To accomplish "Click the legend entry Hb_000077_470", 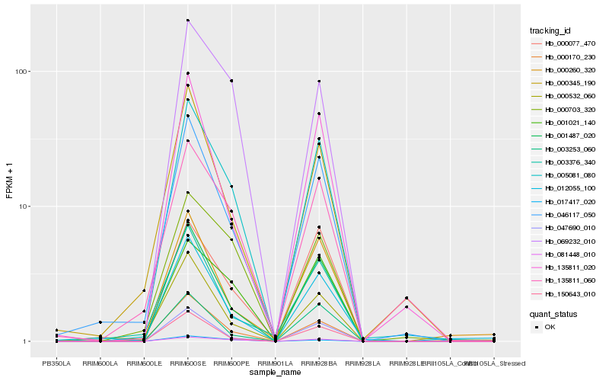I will [564, 43].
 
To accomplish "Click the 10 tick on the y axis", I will [24, 207].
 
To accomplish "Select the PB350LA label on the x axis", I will [56, 363].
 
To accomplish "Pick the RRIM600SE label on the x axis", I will [187, 363].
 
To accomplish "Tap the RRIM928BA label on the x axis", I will [319, 363].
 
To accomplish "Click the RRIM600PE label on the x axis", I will [231, 363].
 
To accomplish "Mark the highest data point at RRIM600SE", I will [188, 20].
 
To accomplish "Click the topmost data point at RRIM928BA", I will [319, 81].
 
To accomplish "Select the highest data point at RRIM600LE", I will [144, 290].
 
